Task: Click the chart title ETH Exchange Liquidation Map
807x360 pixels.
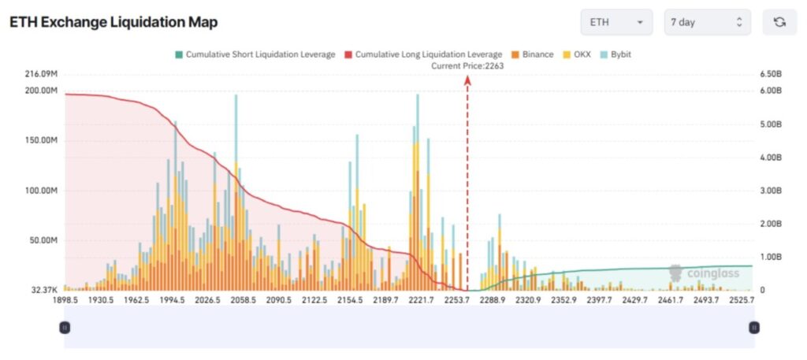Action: pyautogui.click(x=113, y=22)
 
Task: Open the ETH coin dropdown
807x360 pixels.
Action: pyautogui.click(x=616, y=22)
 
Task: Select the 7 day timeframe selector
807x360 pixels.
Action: pyautogui.click(x=707, y=22)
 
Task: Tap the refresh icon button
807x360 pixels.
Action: pyautogui.click(x=779, y=22)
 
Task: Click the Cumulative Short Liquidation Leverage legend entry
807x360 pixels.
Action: pyautogui.click(x=255, y=54)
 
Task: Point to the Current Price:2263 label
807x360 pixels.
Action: pyautogui.click(x=467, y=66)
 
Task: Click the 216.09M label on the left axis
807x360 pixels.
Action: pyautogui.click(x=42, y=74)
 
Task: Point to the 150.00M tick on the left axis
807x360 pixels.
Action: pyautogui.click(x=42, y=140)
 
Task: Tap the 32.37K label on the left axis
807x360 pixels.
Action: pyautogui.click(x=44, y=290)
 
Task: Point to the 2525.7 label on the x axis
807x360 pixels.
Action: pyautogui.click(x=742, y=300)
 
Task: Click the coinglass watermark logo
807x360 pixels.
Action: pyautogui.click(x=704, y=273)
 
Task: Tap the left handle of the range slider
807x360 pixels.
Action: pyautogui.click(x=65, y=327)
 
